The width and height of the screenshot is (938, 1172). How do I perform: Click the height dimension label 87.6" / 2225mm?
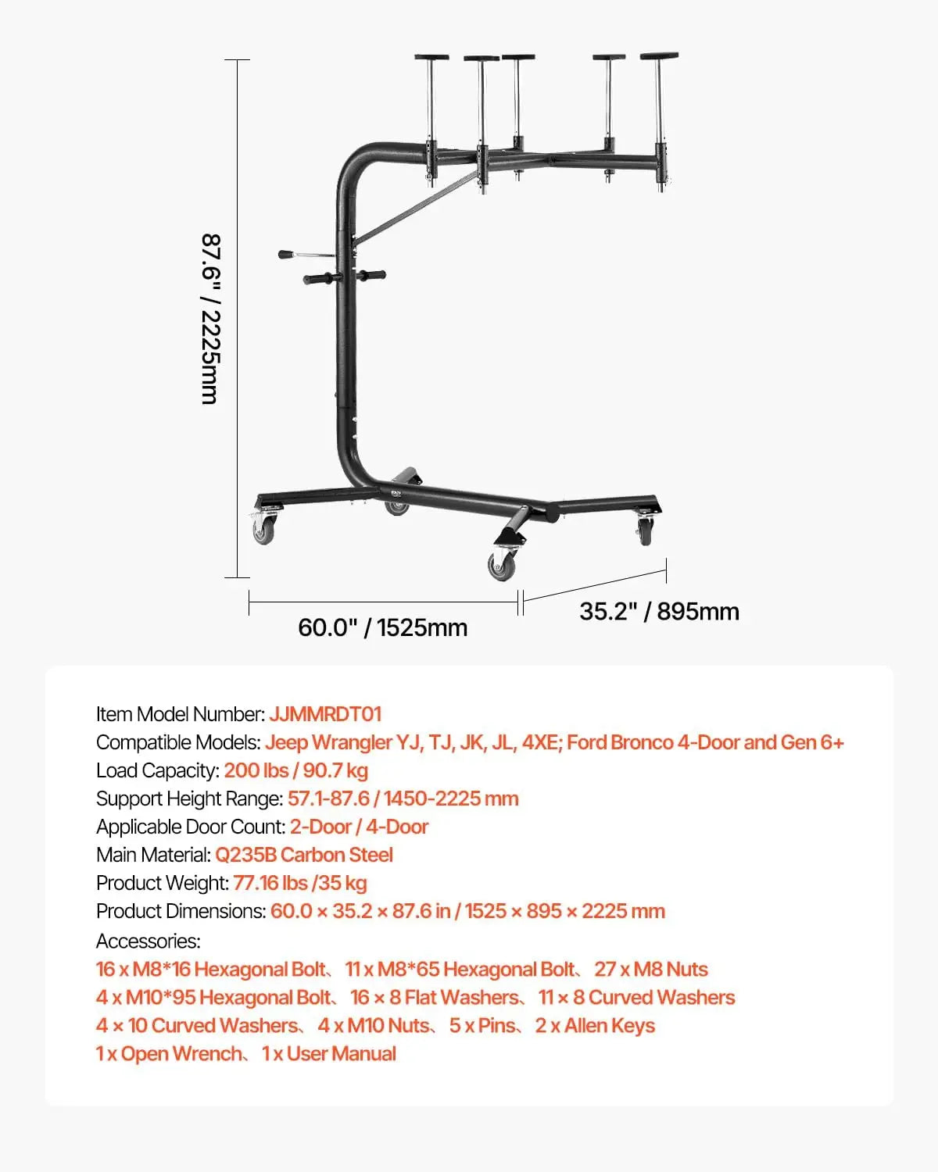coord(211,319)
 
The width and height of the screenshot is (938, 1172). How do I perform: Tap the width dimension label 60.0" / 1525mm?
coord(382,627)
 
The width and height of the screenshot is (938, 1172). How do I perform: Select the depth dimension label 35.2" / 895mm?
coord(659,611)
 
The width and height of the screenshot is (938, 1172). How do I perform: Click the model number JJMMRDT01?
coord(325,714)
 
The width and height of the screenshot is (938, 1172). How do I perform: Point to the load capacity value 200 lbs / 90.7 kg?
coord(296,770)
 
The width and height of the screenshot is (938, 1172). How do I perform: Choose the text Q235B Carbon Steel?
coord(304,855)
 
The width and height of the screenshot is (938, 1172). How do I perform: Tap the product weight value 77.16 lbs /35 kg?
coord(300,883)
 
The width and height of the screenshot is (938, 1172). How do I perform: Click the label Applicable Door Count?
coord(191,827)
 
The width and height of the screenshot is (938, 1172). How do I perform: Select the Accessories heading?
coord(149,941)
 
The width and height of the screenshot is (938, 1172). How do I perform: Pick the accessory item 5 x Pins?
coord(482,1025)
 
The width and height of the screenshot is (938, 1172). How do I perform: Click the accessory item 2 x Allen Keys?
coord(595,1025)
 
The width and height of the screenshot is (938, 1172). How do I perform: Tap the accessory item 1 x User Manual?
coord(328,1054)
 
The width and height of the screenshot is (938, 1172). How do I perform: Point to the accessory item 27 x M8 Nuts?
coord(651,970)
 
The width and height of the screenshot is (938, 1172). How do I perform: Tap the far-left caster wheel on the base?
coord(263,530)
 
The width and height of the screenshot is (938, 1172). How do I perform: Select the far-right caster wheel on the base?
coord(645,531)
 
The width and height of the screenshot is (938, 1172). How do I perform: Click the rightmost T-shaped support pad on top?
coord(660,56)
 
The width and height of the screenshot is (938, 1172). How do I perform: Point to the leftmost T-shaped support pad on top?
coord(431,56)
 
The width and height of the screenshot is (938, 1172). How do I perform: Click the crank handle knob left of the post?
coord(285,255)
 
